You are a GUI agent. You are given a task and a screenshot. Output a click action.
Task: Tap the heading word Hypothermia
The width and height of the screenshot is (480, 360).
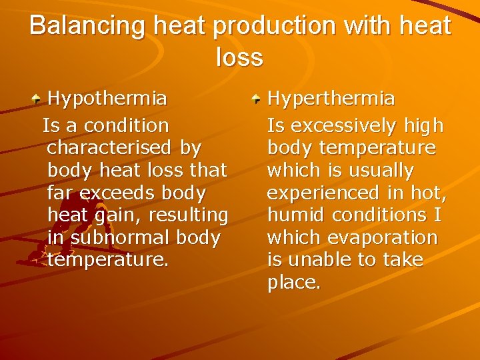(107, 99)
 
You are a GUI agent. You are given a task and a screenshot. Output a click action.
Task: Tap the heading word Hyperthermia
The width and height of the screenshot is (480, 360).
(331, 99)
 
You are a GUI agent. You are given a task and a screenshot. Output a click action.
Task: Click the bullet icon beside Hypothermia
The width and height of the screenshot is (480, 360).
(38, 100)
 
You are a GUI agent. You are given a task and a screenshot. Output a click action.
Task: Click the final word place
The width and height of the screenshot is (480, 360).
(293, 283)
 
